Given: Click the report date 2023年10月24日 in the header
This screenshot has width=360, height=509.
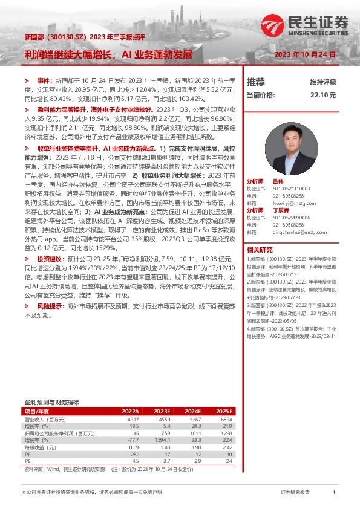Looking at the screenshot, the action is click(x=305, y=55).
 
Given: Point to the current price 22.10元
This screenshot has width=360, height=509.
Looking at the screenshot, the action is click(x=319, y=95).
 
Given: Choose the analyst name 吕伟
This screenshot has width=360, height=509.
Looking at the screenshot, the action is click(x=278, y=181).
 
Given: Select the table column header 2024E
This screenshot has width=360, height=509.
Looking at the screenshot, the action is click(x=189, y=411).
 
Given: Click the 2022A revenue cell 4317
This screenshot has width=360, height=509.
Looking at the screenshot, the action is click(x=131, y=419).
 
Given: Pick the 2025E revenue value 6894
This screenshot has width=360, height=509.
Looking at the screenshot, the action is click(x=225, y=419).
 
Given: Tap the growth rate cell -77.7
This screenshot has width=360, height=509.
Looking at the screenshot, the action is click(x=133, y=441).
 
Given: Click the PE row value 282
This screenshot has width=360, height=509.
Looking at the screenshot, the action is click(x=134, y=455).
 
